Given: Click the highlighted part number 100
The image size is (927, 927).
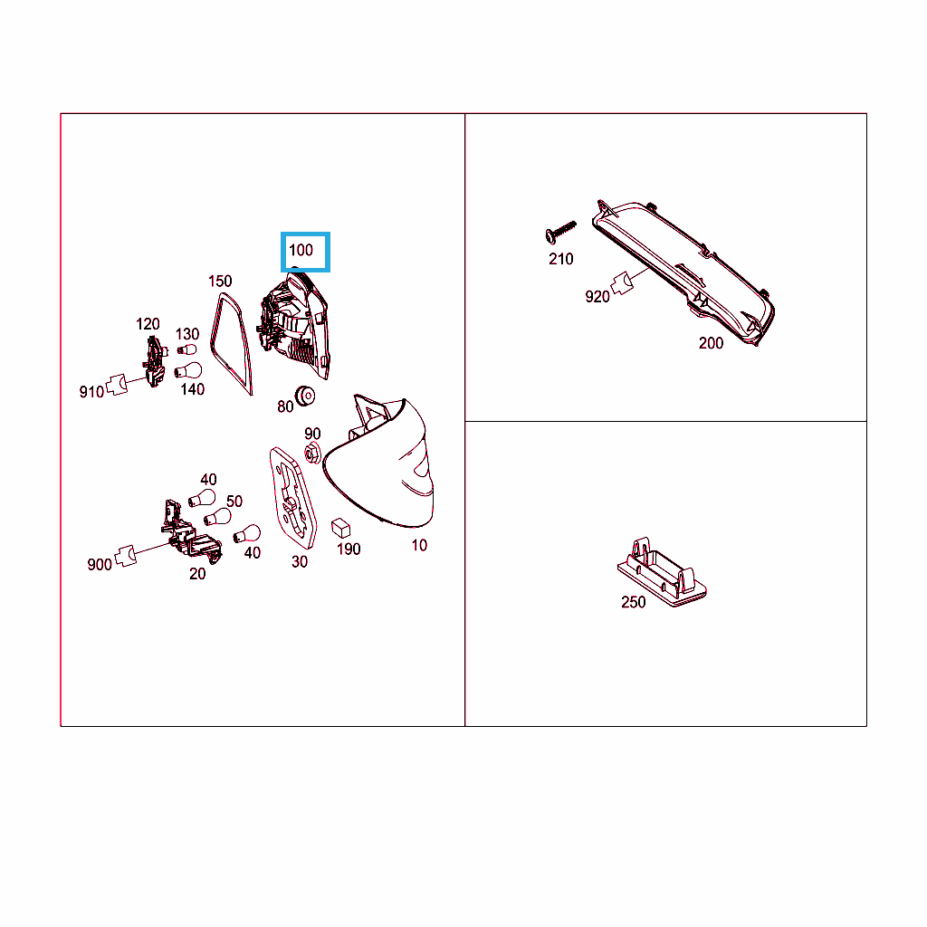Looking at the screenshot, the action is click(x=301, y=250).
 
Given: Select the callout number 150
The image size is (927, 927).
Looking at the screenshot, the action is click(x=220, y=281).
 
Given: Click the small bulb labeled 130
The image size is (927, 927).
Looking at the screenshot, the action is click(x=186, y=349).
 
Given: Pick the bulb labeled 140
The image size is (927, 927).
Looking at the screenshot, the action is click(x=188, y=370).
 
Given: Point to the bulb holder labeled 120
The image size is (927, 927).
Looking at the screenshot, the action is click(x=155, y=361).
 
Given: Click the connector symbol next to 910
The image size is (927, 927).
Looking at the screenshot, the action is click(x=117, y=384).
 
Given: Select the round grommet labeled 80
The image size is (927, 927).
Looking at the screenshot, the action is click(x=305, y=396).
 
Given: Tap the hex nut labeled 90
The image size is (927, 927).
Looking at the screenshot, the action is click(x=312, y=454).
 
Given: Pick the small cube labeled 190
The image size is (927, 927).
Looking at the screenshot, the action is click(x=340, y=528).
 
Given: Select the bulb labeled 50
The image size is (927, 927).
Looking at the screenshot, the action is click(x=217, y=517).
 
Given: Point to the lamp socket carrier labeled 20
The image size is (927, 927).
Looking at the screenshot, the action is click(x=190, y=532).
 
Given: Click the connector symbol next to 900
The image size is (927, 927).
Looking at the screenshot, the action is click(x=125, y=556).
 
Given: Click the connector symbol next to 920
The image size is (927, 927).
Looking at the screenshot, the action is click(x=621, y=283).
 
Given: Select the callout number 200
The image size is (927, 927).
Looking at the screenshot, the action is click(x=711, y=343).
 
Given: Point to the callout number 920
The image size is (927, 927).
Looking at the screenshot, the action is click(x=597, y=297).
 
